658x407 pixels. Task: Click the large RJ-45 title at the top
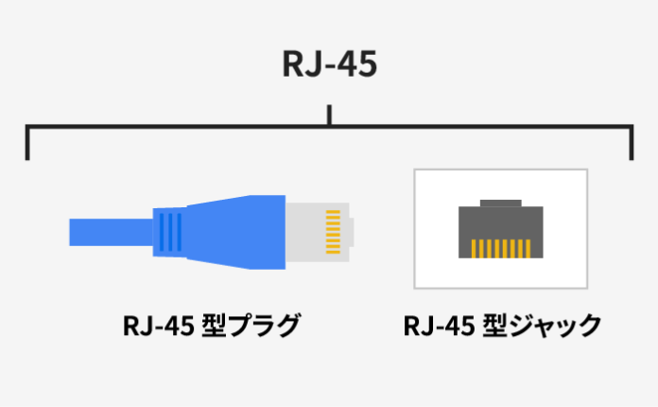329,64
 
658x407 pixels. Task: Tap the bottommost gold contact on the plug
332,252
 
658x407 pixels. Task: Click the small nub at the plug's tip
350,231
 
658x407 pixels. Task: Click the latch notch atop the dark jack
500,203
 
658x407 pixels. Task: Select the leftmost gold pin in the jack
475,248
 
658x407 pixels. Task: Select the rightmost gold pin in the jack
527,248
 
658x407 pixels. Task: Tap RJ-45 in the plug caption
158,327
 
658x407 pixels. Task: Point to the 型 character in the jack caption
494,327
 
